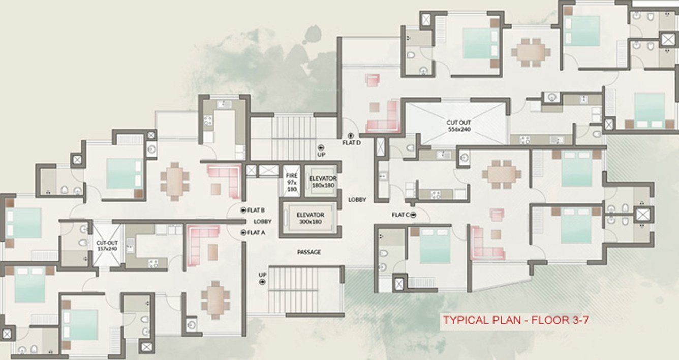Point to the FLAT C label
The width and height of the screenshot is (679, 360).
[399, 215]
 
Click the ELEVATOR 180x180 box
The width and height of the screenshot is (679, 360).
[323, 182]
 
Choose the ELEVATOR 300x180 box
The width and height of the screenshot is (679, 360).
[310, 218]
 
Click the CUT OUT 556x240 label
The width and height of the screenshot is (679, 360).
[458, 126]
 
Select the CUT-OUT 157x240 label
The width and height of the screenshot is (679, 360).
[107, 246]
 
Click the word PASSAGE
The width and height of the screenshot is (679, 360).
[309, 252]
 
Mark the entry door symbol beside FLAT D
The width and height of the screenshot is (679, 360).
[351, 136]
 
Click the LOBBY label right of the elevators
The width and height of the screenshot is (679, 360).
[357, 200]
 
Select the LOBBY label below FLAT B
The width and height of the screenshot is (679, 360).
[263, 222]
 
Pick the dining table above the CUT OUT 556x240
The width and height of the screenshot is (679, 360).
[530, 52]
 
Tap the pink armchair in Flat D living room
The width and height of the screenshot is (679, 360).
[374, 80]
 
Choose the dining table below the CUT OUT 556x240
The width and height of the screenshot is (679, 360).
[502, 173]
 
